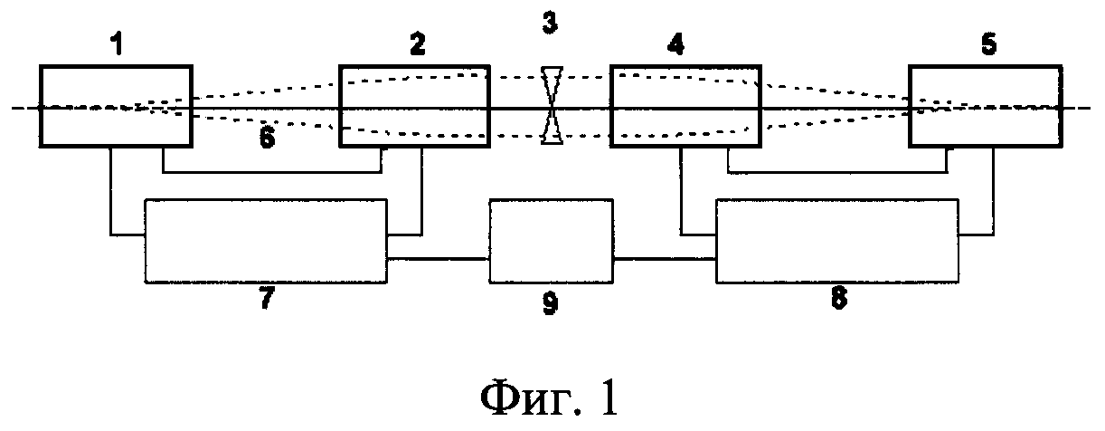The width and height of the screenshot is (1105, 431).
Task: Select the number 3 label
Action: tap(550, 24)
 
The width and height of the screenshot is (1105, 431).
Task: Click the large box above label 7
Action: tap(266, 242)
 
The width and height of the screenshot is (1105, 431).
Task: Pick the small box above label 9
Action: tap(551, 242)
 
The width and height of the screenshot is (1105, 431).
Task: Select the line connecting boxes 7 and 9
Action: tap(439, 260)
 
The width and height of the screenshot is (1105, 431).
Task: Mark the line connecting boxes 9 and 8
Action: tap(664, 260)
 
